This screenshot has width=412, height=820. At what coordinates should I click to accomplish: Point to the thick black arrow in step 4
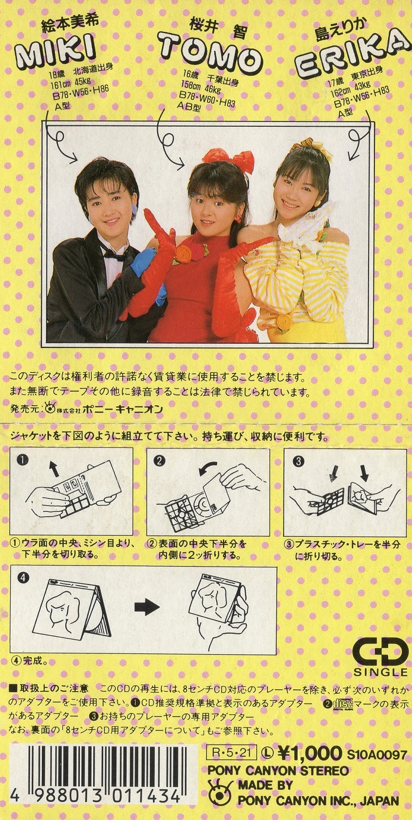(x=147, y=608)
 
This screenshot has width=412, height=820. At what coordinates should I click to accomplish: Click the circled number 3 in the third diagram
(x=299, y=461)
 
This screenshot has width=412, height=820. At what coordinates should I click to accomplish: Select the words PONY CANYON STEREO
(x=278, y=761)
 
